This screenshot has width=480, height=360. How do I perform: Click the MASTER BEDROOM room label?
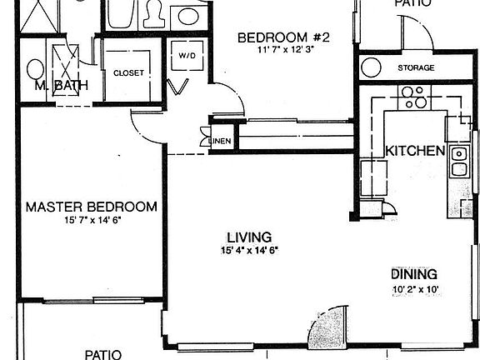(x=91, y=207)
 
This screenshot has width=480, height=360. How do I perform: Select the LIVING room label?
(x=249, y=236)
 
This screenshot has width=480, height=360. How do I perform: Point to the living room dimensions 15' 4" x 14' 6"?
(x=249, y=250)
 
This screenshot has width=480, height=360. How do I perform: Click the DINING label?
(x=414, y=274)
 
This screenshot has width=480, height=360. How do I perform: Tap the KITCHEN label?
(x=414, y=151)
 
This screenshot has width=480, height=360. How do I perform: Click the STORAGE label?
(x=414, y=68)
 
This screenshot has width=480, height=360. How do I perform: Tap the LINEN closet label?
(x=220, y=141)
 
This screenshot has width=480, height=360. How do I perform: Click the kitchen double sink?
(x=458, y=162)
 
